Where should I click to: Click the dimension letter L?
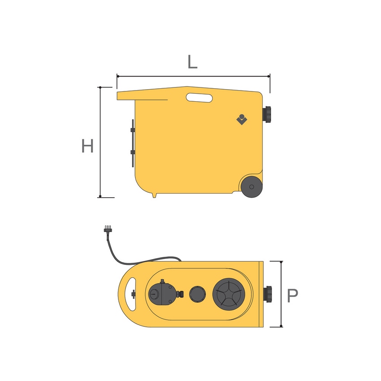[x=192, y=62]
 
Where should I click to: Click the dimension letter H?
[x=87, y=146]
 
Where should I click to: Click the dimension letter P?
[x=292, y=295]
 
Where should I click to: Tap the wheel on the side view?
[x=252, y=186]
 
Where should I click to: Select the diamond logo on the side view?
[x=242, y=119]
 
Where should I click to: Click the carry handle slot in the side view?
[x=199, y=98]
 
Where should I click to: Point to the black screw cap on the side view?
[x=267, y=114]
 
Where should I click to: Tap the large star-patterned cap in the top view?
[x=229, y=294]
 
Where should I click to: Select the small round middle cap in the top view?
[x=198, y=294]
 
